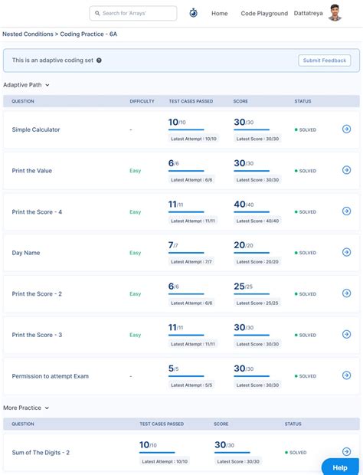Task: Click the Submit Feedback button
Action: [325, 61]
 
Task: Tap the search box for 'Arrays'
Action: [132, 13]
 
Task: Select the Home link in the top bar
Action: [219, 13]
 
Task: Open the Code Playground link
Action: [264, 13]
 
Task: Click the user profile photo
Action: [335, 12]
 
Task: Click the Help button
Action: [340, 467]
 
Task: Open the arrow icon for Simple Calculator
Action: [346, 129]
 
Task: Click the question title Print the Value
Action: [32, 171]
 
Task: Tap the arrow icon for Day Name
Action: [346, 252]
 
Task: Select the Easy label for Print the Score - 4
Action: [136, 211]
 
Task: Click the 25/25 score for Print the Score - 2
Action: [244, 287]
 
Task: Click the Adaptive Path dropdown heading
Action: [26, 85]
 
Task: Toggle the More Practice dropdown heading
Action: [26, 408]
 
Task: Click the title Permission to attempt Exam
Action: [51, 376]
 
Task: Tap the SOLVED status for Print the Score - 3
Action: [306, 335]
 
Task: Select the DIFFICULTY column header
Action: [142, 101]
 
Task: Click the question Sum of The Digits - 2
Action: [41, 453]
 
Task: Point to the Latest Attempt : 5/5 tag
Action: [191, 385]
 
